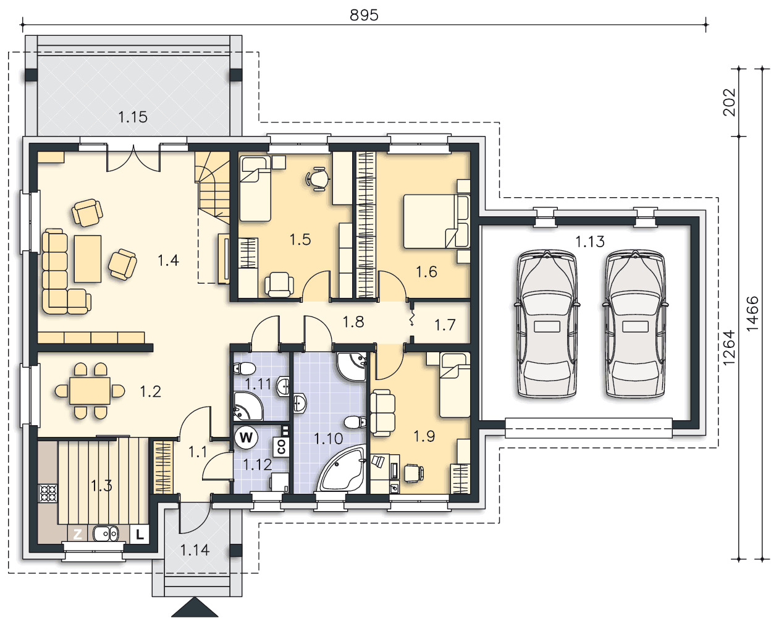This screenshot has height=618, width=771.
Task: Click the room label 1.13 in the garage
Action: (590, 242)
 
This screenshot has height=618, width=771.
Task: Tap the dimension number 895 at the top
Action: (364, 15)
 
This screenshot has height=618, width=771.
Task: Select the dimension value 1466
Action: (753, 314)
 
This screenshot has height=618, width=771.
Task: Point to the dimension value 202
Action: (730, 102)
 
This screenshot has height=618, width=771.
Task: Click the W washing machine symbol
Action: (246, 438)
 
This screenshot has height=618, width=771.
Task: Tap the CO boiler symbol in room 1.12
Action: (281, 447)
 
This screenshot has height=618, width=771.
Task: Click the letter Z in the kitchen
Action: (77, 535)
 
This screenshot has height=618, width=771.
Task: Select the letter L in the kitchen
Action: (140, 535)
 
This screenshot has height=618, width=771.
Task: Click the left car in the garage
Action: (547, 324)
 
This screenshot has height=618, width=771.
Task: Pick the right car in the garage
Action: (635, 324)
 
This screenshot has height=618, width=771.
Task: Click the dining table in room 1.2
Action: (90, 391)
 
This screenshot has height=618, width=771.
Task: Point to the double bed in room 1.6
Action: (437, 221)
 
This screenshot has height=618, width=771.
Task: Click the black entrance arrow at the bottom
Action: (195, 607)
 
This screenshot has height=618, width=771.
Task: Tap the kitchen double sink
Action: (106, 534)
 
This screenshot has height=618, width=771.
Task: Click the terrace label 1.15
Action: (133, 117)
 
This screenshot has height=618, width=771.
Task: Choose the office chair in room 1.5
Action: (318, 179)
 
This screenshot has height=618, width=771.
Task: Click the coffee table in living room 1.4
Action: (88, 259)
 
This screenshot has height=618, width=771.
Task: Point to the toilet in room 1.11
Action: (245, 368)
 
